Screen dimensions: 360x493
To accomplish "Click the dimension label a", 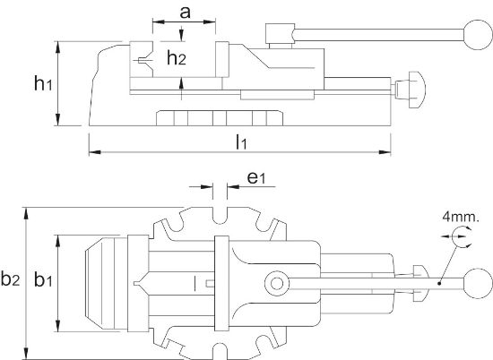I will click(184, 13).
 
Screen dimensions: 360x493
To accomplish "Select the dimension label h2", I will click(177, 58).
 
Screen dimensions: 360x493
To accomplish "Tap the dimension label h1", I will click(42, 84).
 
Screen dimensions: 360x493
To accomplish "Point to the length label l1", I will click(241, 141).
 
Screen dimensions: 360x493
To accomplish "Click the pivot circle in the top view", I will click(274, 285).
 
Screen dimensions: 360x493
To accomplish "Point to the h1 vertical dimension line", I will click(59, 84).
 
